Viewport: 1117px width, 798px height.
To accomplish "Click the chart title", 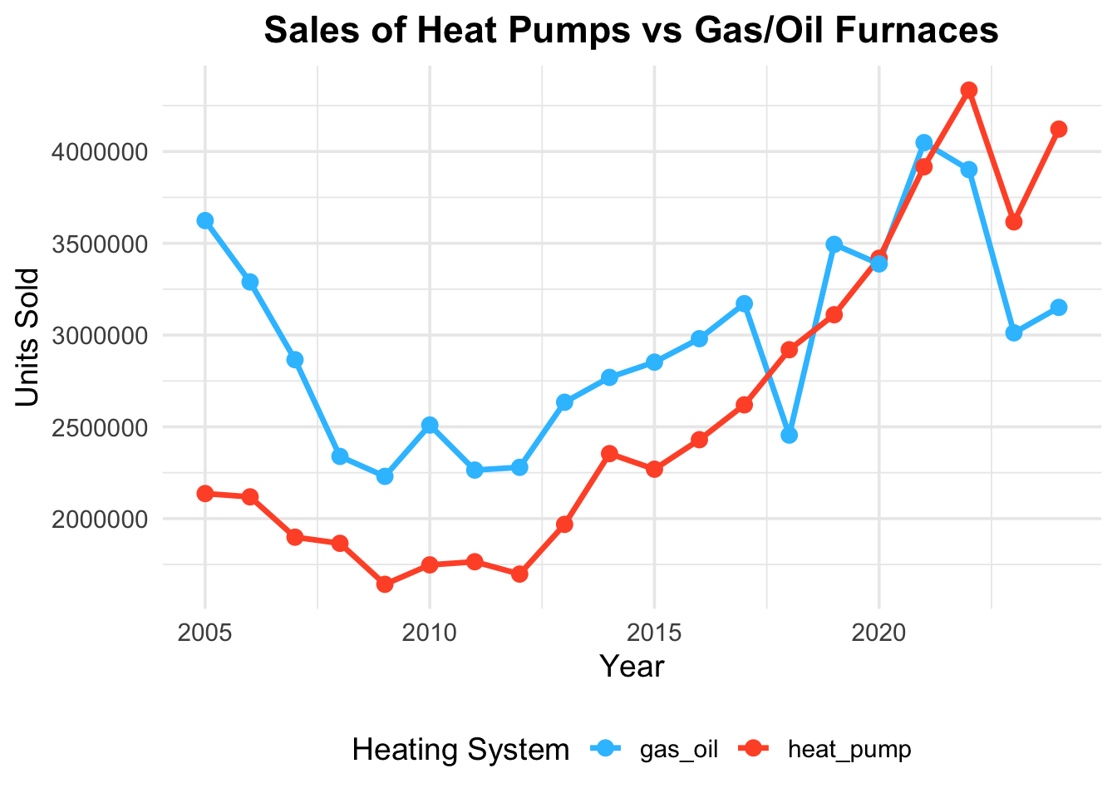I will click(x=631, y=31).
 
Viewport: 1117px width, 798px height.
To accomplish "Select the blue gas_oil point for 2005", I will click(x=205, y=220).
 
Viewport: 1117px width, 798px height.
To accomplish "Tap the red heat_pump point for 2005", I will click(x=205, y=493).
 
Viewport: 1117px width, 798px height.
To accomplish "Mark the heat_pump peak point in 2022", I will click(x=969, y=90).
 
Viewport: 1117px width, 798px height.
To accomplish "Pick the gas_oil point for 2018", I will click(x=790, y=435).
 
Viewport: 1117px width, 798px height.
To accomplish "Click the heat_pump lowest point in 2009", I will click(x=385, y=584).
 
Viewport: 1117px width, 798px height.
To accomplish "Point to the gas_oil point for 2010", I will click(x=430, y=425).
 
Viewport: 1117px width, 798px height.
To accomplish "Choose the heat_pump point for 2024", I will click(x=1059, y=129).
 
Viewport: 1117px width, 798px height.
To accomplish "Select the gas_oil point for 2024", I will click(x=1059, y=308).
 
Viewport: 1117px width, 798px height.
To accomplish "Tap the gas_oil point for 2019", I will click(x=834, y=244).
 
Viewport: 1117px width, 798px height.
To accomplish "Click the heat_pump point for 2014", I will click(x=609, y=453).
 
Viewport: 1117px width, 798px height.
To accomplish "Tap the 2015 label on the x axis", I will click(x=654, y=633).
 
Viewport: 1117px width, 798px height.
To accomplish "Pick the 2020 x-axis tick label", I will click(x=879, y=633).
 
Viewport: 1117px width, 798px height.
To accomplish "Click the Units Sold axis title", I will click(x=27, y=337).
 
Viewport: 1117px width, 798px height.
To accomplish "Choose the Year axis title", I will click(x=632, y=667).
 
